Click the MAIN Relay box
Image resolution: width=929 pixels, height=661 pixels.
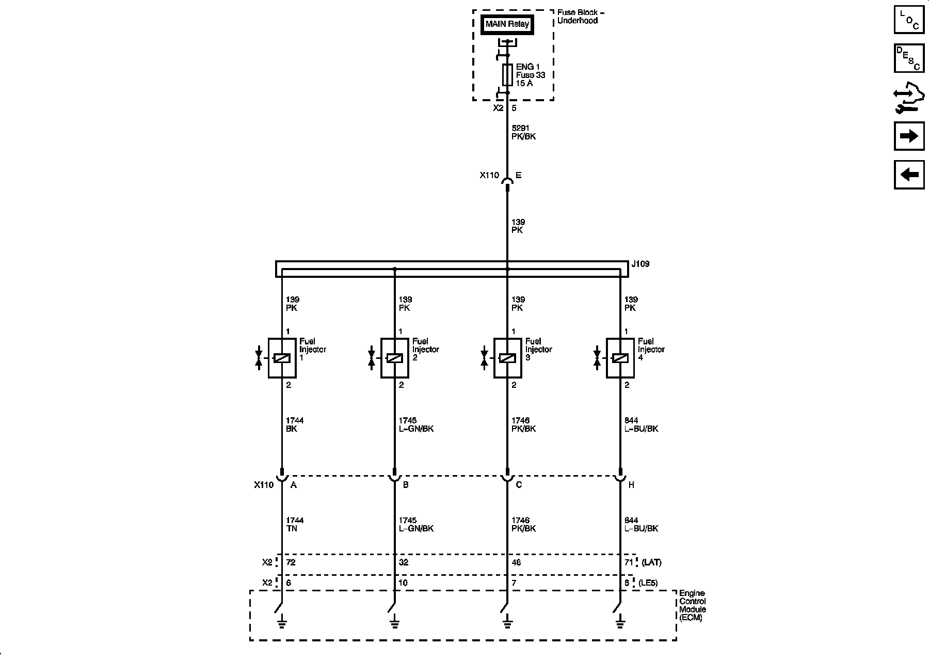coord(507,24)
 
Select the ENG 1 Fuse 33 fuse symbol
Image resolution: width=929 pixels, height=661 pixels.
coord(507,75)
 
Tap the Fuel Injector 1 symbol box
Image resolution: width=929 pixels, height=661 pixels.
coord(282,358)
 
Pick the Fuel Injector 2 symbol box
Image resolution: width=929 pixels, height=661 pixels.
coord(394,358)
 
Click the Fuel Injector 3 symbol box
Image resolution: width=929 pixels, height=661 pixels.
coord(507,358)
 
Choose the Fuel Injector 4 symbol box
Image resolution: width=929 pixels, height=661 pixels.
coord(620,358)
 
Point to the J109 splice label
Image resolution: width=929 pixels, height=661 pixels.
coord(640,264)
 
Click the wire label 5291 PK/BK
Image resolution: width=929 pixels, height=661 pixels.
coord(523,132)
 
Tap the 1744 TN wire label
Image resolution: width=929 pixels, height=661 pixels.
coord(295,524)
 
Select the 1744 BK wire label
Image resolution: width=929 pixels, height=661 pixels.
coord(295,424)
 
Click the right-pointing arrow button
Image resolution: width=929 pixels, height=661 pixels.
coord(909,136)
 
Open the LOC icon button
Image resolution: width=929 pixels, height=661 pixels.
coord(909,19)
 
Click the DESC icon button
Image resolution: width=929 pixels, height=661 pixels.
coord(909,58)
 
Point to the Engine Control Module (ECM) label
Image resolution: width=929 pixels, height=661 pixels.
coord(692,605)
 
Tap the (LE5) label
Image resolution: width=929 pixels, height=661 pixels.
coord(648,583)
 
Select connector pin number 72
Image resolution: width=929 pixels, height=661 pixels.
coord(291,562)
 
